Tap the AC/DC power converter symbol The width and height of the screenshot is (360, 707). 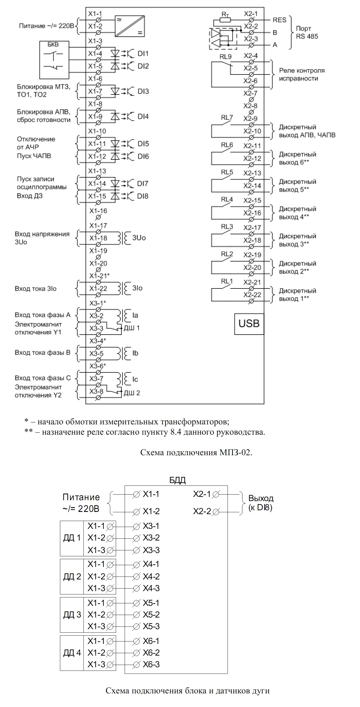[x=130, y=26]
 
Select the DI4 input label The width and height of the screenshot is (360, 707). [x=143, y=117]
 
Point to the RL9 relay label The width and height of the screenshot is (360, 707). [x=226, y=57]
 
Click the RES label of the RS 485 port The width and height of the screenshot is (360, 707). [x=279, y=20]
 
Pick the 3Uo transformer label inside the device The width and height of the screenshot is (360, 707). [x=139, y=238]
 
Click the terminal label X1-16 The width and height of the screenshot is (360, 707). [x=98, y=211]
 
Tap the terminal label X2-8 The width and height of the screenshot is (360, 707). [x=251, y=106]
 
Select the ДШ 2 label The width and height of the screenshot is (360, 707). [x=132, y=393]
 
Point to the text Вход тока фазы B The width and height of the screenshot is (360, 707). [x=42, y=353]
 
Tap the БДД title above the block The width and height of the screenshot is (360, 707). [x=177, y=480]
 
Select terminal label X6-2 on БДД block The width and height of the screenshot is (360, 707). [x=151, y=653]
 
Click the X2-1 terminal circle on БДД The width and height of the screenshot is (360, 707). [x=216, y=494]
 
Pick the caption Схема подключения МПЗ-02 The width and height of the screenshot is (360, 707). [x=196, y=452]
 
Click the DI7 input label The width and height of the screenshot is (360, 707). [x=143, y=184]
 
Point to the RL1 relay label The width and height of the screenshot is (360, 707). [x=227, y=282]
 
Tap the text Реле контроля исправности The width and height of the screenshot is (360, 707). [x=302, y=74]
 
